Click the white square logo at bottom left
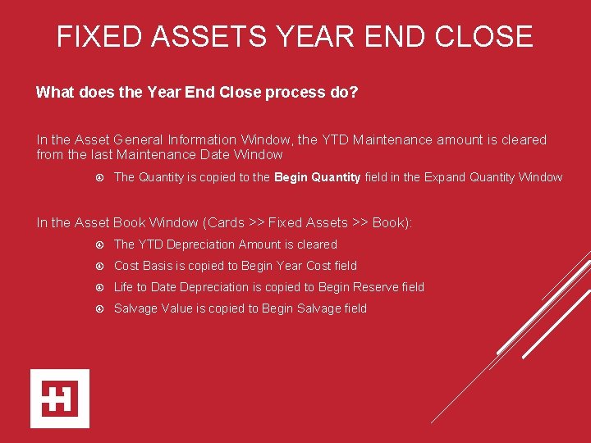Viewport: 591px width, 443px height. [x=60, y=399]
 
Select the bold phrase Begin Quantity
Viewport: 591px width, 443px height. [x=317, y=177]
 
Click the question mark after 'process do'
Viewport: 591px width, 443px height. [x=354, y=93]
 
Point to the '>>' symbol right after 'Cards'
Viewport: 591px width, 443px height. [x=257, y=223]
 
